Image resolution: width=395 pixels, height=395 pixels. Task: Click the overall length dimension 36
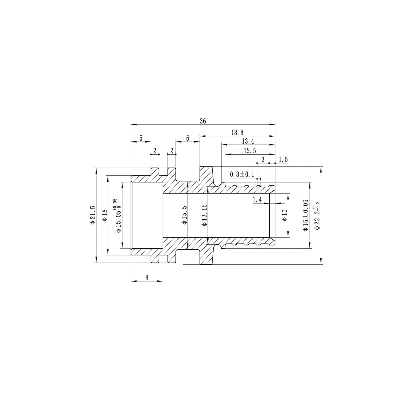[x=203, y=121]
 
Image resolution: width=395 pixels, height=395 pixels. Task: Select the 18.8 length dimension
[x=237, y=133]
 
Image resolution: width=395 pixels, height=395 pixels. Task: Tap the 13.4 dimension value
[x=248, y=141]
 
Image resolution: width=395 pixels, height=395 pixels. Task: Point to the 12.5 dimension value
[x=250, y=151]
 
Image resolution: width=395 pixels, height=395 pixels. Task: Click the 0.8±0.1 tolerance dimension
[x=242, y=174]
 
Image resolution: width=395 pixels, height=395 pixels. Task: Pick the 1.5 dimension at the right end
[x=283, y=160]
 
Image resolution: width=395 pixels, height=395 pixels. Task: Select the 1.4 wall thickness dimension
[x=257, y=200]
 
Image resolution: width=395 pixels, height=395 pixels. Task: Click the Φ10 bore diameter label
[x=284, y=215]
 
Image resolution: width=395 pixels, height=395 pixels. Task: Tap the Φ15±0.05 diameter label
[x=305, y=215]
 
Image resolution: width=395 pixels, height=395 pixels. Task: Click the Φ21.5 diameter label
[x=92, y=215]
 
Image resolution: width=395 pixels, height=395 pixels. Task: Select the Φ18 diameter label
[x=104, y=215]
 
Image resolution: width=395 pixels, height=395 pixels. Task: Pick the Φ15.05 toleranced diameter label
[x=118, y=215]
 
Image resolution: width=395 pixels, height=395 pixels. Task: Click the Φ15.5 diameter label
[x=184, y=215]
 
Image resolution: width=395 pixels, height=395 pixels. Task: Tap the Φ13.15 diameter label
[x=204, y=215]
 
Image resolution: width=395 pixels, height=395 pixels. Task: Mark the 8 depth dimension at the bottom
[x=147, y=278]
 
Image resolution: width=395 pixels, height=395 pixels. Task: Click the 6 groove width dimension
[x=187, y=138]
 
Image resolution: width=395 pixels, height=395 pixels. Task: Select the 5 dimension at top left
[x=141, y=138]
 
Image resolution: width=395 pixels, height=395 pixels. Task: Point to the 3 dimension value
[x=263, y=160]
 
